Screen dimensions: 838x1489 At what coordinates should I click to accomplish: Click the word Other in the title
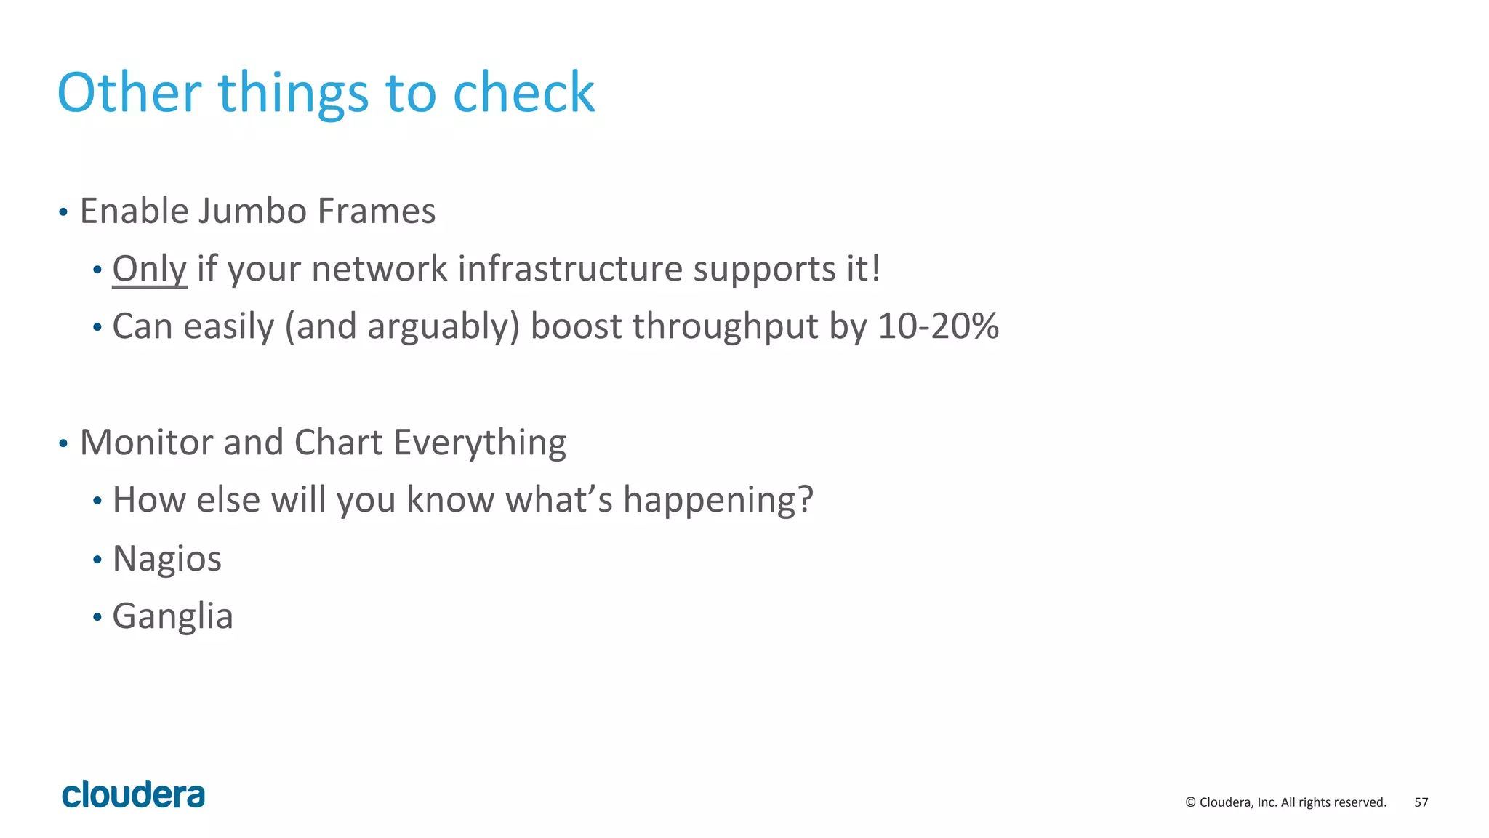129,93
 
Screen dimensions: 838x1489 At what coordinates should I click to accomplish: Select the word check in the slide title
523,93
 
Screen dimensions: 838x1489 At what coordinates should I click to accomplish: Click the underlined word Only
150,269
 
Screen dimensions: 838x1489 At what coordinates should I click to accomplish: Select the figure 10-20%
938,326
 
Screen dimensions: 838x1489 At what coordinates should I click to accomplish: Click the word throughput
725,326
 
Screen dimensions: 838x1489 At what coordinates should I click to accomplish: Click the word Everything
480,443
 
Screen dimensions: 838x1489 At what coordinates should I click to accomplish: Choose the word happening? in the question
718,500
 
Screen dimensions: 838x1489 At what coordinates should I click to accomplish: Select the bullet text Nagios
167,559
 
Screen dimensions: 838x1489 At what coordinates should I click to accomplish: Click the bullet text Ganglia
173,616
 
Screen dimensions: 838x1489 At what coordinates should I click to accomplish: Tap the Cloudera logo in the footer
134,794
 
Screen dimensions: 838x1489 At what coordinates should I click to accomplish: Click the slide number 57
1421,802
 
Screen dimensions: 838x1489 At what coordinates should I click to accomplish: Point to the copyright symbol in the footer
1190,802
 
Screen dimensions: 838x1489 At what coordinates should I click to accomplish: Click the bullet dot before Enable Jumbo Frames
63,213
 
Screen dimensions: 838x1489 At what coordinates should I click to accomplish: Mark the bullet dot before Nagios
97,560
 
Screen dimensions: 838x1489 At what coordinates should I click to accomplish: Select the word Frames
377,211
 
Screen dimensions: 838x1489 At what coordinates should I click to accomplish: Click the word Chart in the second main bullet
338,443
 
